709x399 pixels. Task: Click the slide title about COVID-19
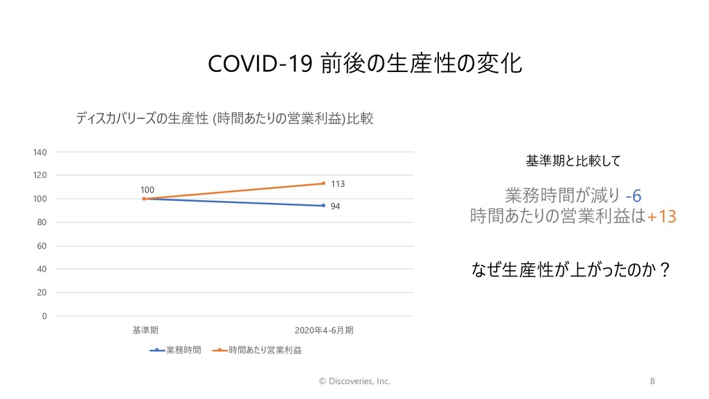tap(365, 63)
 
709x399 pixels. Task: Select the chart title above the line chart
tap(225, 118)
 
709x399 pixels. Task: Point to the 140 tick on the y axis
tap(39, 152)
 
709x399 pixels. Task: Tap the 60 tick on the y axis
tap(42, 246)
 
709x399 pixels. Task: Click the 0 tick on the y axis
tap(44, 316)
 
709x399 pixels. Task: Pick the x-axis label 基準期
tap(145, 330)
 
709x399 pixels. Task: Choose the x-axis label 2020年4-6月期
tap(324, 330)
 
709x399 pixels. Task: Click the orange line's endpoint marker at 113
tap(323, 183)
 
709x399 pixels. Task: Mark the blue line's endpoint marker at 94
tap(323, 206)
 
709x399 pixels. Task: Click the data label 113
tap(338, 184)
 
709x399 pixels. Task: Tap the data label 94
tap(335, 206)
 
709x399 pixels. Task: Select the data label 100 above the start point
tap(147, 190)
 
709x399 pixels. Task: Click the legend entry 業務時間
tap(175, 350)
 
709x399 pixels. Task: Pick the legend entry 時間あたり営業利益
tap(257, 350)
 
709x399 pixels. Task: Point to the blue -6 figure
tap(634, 196)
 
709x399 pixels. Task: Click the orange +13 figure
tap(662, 217)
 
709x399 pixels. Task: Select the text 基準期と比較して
tap(573, 161)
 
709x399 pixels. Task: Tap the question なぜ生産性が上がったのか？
tap(571, 269)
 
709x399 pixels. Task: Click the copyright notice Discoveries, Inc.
tap(354, 382)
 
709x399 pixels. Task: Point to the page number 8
tap(652, 382)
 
